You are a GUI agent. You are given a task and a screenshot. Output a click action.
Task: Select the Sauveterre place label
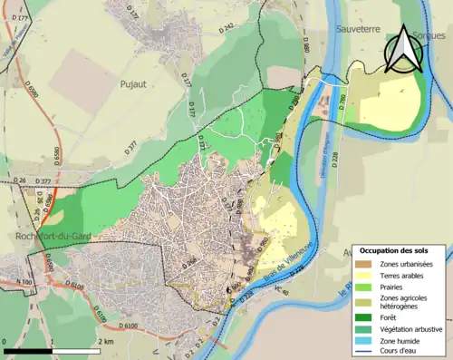pyautogui.click(x=361, y=29)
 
